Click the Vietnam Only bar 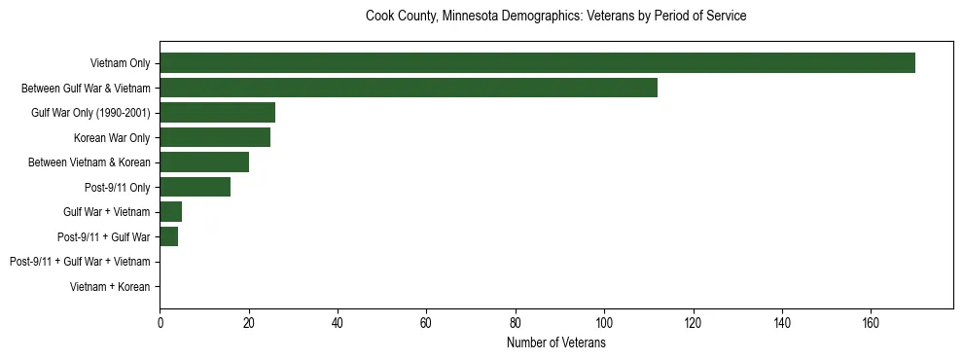tap(537, 62)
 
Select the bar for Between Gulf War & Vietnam tap(409, 88)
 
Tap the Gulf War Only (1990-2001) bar tap(217, 112)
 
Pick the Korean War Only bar tap(215, 137)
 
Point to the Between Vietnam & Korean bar tap(204, 162)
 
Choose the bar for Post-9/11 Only tap(195, 187)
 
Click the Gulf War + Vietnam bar tap(171, 211)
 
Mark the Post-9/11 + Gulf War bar tap(169, 236)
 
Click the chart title tap(555, 17)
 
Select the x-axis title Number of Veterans tap(555, 343)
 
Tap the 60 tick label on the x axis tap(426, 323)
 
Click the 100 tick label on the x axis tap(604, 323)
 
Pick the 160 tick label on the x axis tap(871, 323)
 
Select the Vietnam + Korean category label tap(110, 287)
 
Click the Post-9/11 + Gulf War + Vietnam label tap(80, 262)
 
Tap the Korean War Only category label tap(112, 137)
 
